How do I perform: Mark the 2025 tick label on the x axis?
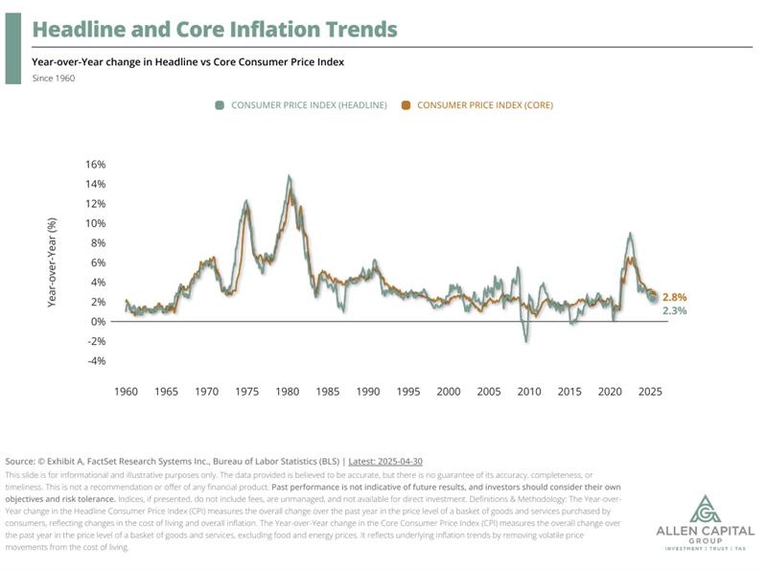coord(650,392)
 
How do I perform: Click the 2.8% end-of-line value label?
coord(675,297)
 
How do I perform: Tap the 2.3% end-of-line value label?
coord(675,310)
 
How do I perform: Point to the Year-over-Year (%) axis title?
coord(54,263)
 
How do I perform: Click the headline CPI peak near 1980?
coord(289,176)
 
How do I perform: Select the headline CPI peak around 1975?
coord(246,201)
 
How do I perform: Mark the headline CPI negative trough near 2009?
coord(525,341)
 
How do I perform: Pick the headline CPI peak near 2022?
coord(629,233)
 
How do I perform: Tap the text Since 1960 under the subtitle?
coord(54,78)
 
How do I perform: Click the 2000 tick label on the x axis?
coord(449,392)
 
